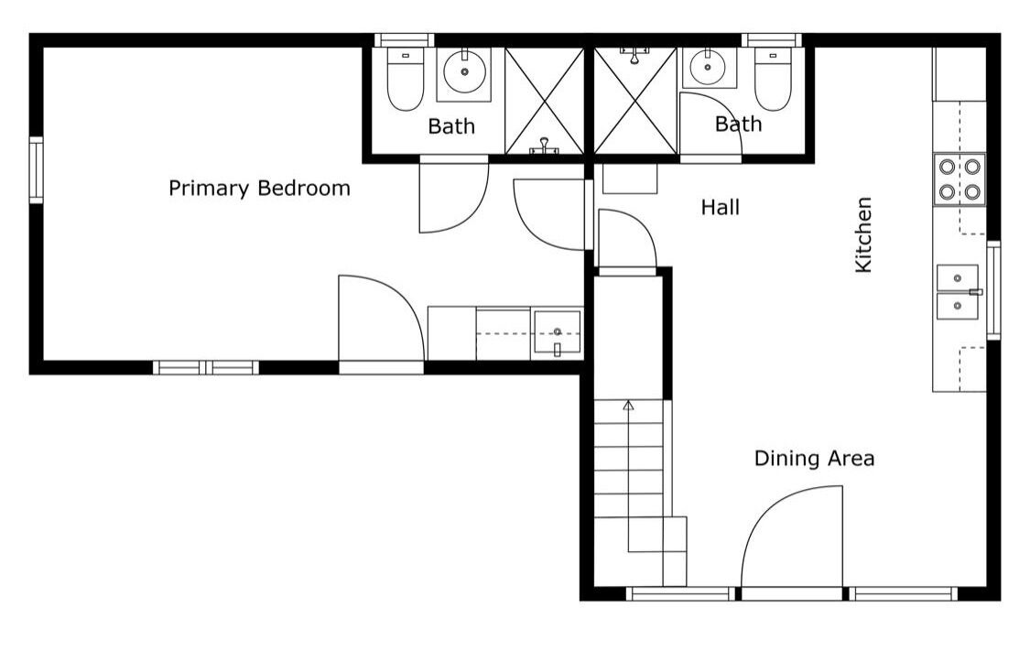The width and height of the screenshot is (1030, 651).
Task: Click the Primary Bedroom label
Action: [x=259, y=189]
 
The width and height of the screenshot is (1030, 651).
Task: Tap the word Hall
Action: [x=720, y=208]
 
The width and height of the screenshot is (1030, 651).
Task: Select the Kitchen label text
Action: [x=863, y=234]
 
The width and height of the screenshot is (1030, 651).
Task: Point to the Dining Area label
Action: [x=814, y=458]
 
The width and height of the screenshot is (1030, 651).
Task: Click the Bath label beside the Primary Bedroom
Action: [x=451, y=126]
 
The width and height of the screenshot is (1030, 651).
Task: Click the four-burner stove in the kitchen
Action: [x=960, y=179]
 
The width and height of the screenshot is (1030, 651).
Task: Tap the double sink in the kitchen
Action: [x=958, y=292]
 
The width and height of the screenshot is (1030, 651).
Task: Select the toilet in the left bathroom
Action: [x=406, y=79]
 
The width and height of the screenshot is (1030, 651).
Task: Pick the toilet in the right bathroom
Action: [x=773, y=79]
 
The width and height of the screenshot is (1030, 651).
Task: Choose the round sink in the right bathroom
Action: [x=708, y=67]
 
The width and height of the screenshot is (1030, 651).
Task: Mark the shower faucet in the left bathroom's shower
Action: [x=544, y=146]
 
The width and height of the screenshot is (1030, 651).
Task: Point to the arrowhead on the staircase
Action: [x=628, y=405]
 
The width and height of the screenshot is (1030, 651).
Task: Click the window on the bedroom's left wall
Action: [x=36, y=170]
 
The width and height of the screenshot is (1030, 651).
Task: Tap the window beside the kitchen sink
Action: [x=994, y=290]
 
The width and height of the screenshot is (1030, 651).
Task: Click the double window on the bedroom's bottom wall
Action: [x=206, y=367]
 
